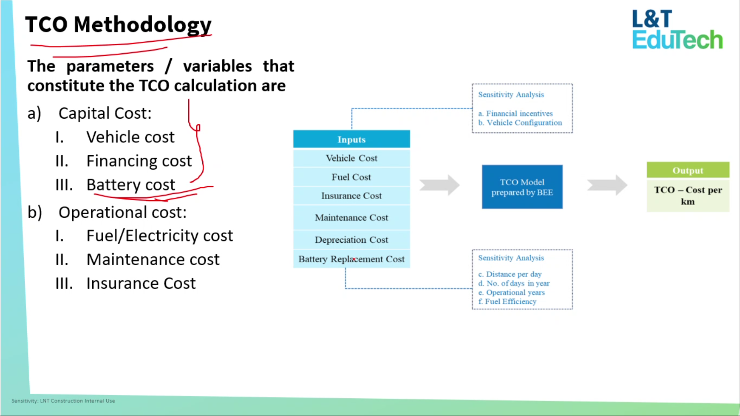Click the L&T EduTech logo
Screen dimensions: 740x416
677,30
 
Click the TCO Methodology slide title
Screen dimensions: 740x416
118,24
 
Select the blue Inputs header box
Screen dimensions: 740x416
352,139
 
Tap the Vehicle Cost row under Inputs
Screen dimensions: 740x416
352,158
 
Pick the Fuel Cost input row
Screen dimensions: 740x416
352,177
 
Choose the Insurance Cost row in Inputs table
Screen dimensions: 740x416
352,196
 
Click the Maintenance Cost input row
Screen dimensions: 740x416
352,217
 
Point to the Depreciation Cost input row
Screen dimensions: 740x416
352,240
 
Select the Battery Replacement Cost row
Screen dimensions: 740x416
352,259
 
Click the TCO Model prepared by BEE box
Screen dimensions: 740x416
522,187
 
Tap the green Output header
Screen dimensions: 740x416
688,170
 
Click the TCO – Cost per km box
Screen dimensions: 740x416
688,195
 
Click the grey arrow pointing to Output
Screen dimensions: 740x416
607,185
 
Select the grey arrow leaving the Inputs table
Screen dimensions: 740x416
439,185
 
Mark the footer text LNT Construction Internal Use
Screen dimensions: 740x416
77,401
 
